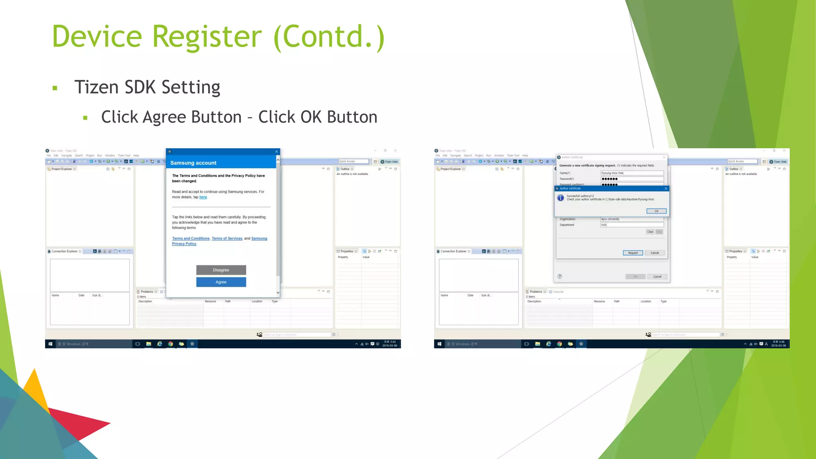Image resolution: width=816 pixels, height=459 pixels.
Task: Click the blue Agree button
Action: [221, 282]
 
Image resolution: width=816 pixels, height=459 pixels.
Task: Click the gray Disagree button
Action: [221, 270]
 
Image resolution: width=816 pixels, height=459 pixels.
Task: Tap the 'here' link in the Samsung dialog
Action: [203, 197]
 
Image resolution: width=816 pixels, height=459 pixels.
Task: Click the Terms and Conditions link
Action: [191, 238]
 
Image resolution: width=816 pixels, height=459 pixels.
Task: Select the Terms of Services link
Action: [227, 238]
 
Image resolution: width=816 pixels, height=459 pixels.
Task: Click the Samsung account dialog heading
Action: [193, 163]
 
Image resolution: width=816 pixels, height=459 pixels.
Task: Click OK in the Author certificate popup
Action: [656, 211]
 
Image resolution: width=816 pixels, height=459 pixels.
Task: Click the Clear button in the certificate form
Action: [650, 232]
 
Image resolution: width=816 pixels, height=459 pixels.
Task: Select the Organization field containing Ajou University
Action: [632, 219]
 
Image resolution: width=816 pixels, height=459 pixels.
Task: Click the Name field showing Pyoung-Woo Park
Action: [632, 173]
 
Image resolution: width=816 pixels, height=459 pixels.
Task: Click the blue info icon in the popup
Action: [561, 198]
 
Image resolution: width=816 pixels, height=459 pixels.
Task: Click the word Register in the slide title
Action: [207, 37]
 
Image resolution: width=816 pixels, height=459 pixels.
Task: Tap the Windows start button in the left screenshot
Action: [50, 344]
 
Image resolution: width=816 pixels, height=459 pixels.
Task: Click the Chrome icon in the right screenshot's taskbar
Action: [559, 344]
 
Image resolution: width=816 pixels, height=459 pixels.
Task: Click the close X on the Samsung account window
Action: [277, 151]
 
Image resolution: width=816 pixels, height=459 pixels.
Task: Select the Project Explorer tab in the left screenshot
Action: [61, 169]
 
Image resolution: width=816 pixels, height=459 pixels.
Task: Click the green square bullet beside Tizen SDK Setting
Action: [55, 88]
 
